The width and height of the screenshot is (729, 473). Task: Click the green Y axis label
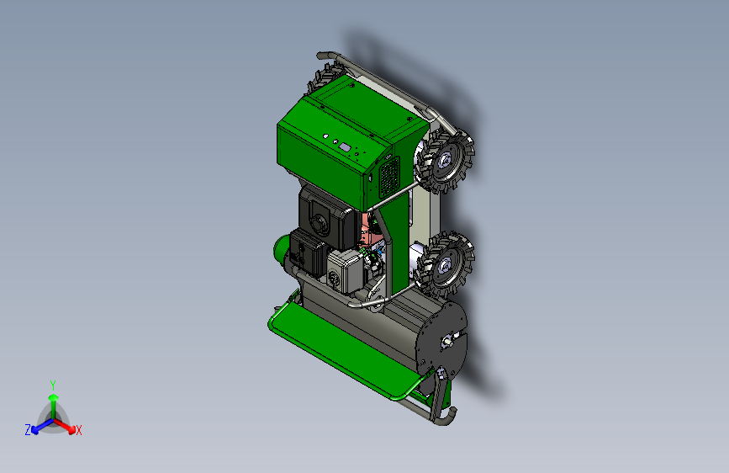53,385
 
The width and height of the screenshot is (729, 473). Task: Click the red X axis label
78,430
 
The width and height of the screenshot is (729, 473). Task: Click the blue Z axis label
28,430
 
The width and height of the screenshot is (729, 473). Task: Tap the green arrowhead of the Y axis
54,397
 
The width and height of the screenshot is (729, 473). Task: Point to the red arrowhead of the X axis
71,429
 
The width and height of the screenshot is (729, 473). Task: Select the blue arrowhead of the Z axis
35,429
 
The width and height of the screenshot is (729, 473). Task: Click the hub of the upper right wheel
444,161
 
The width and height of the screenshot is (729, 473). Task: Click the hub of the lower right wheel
444,265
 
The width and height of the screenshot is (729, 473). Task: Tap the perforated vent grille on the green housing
389,178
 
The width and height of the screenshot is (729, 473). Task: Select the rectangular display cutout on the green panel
345,147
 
